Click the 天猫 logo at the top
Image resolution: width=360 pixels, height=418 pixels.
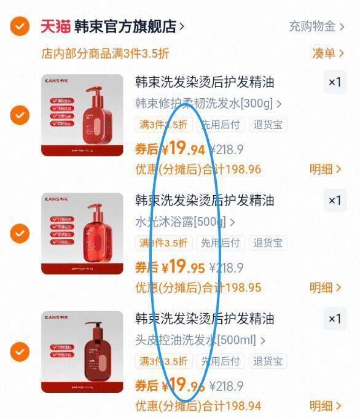[x=55, y=26]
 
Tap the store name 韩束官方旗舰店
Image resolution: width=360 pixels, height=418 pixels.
[x=125, y=26]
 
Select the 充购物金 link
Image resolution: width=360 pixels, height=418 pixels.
[x=313, y=26]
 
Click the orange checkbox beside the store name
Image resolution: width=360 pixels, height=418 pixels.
[x=20, y=26]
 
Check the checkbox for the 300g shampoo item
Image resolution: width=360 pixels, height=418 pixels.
[x=20, y=115]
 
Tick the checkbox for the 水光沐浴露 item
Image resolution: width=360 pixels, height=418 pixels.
[x=20, y=233]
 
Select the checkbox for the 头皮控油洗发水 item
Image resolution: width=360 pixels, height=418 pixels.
[x=20, y=352]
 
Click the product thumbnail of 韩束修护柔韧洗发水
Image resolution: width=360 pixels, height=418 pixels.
[x=82, y=115]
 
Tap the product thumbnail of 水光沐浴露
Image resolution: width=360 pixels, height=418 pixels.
[x=82, y=233]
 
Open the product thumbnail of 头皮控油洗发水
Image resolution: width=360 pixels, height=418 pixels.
[x=82, y=352]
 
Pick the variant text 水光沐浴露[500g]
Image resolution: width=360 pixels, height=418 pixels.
[x=181, y=222]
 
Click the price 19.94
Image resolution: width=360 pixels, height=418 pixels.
[x=184, y=149]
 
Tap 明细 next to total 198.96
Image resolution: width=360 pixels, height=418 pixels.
[x=321, y=169]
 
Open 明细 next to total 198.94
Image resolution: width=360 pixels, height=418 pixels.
[x=321, y=406]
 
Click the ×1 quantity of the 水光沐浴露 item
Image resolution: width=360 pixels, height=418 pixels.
[x=334, y=201]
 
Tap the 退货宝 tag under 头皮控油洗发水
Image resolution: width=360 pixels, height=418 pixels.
[x=268, y=361]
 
